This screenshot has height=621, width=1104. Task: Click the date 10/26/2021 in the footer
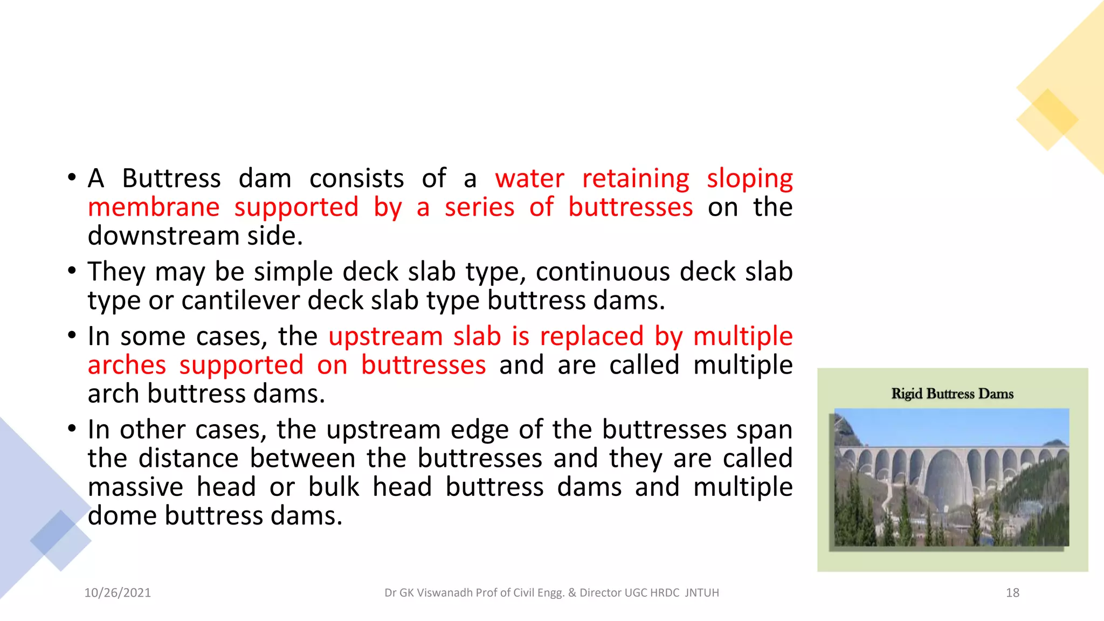point(118,592)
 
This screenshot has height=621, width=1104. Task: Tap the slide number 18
point(1012,592)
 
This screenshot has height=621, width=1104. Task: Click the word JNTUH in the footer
point(702,592)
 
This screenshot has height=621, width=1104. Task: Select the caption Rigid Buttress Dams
point(952,394)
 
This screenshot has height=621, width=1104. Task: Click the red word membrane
point(154,208)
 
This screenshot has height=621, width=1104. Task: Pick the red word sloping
point(749,179)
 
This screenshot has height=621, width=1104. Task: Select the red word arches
point(127,365)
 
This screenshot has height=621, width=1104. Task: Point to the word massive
point(135,487)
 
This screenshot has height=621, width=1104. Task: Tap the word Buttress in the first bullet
point(171,179)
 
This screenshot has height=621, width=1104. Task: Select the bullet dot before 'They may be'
point(72,270)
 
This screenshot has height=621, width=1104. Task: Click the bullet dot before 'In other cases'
point(72,429)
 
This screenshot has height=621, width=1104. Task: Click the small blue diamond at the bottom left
point(60,540)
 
